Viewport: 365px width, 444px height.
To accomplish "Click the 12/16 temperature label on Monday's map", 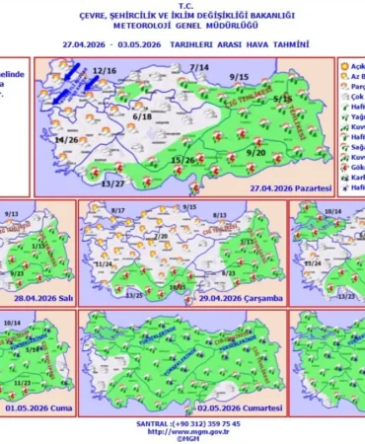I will tap(105, 72).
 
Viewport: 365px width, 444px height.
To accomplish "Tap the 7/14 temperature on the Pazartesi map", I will tap(199, 67).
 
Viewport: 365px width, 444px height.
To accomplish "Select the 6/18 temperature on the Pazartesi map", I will tap(141, 116).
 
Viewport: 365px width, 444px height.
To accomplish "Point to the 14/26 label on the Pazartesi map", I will tap(66, 141).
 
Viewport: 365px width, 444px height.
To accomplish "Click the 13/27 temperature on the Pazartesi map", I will tap(113, 184).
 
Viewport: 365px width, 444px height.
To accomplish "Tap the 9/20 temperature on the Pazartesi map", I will tap(256, 153).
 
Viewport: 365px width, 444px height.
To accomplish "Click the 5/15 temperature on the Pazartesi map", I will tap(283, 99).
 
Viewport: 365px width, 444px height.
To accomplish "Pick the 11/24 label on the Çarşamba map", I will tap(103, 264).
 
